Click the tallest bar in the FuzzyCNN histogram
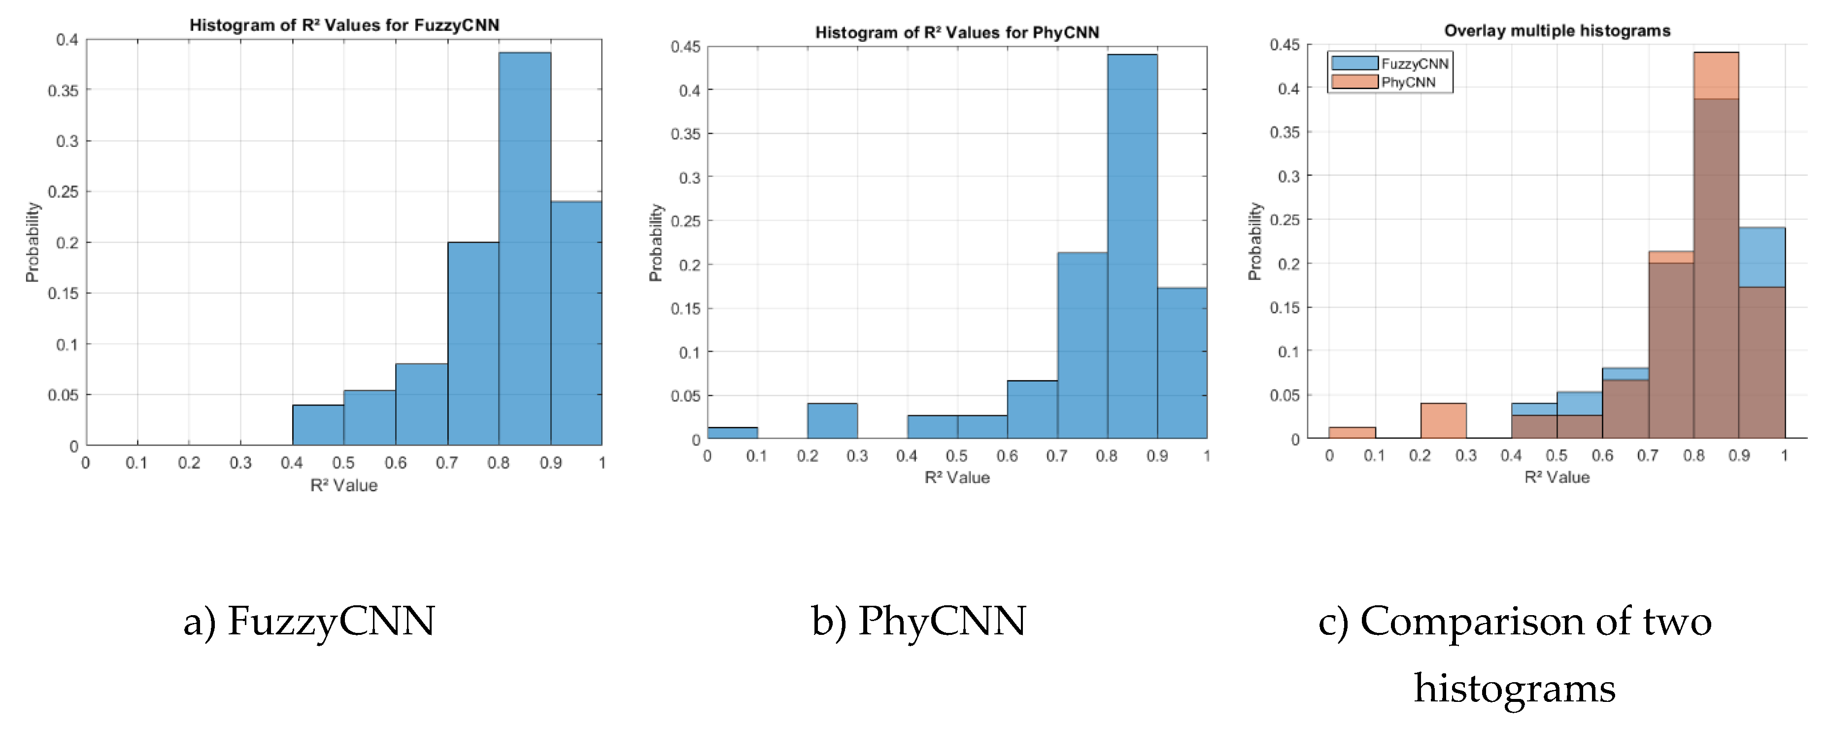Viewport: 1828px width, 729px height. pyautogui.click(x=524, y=248)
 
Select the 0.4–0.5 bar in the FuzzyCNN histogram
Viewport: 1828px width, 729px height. pyautogui.click(x=318, y=425)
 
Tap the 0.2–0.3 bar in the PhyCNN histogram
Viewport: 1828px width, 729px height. pyautogui.click(x=832, y=421)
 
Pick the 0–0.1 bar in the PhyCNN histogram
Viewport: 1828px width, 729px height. pyautogui.click(x=732, y=433)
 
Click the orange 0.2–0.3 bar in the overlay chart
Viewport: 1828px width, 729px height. pyautogui.click(x=1443, y=421)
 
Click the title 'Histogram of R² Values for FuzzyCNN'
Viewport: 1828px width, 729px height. pyautogui.click(x=344, y=26)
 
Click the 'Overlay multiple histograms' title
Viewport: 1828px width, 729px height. pyautogui.click(x=1557, y=31)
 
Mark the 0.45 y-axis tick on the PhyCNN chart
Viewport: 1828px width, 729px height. pyautogui.click(x=685, y=47)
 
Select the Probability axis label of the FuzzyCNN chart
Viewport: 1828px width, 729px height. pyautogui.click(x=32, y=242)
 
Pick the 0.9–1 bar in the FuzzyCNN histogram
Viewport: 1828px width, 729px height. pyautogui.click(x=576, y=323)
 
